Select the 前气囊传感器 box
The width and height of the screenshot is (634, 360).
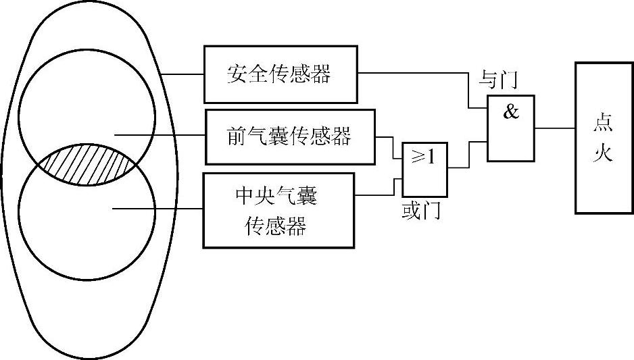click(x=289, y=137)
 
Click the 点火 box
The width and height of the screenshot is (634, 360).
click(x=603, y=138)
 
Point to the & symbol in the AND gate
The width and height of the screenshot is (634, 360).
click(x=511, y=112)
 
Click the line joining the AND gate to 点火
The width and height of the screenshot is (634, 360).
click(x=555, y=128)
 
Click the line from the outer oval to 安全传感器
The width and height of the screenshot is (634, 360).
click(x=182, y=74)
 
